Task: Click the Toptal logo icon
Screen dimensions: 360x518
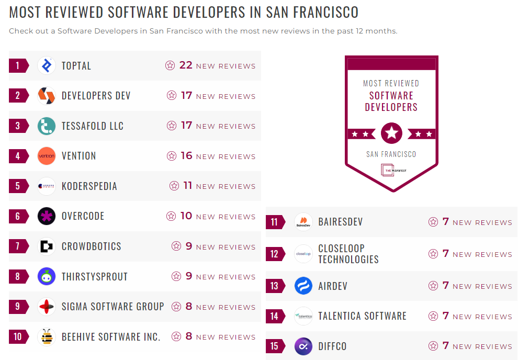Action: [x=47, y=65]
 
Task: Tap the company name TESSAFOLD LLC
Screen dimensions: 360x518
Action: [x=93, y=126]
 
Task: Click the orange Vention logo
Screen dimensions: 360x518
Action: [x=47, y=156]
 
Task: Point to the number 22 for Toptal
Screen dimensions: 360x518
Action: [x=186, y=65]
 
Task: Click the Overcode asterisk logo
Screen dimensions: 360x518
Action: [x=47, y=216]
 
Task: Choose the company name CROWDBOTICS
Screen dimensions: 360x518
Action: [x=91, y=246]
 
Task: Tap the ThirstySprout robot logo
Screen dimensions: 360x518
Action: [x=47, y=276]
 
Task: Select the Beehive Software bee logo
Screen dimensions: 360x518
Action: [x=47, y=336]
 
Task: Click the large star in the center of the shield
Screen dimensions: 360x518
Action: [x=391, y=133]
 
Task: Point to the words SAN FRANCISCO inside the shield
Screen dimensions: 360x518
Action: [x=391, y=154]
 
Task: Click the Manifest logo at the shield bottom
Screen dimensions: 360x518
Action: [x=391, y=170]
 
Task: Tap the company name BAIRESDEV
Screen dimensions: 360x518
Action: [x=340, y=222]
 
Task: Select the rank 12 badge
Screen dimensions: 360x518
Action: [x=275, y=254]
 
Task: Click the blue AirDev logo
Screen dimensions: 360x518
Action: [x=303, y=286]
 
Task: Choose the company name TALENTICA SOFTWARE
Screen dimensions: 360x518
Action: [x=362, y=316]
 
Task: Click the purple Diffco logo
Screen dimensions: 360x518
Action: [x=303, y=346]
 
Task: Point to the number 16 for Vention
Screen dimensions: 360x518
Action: [x=186, y=156]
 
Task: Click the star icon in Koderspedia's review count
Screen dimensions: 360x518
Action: [x=174, y=186]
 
